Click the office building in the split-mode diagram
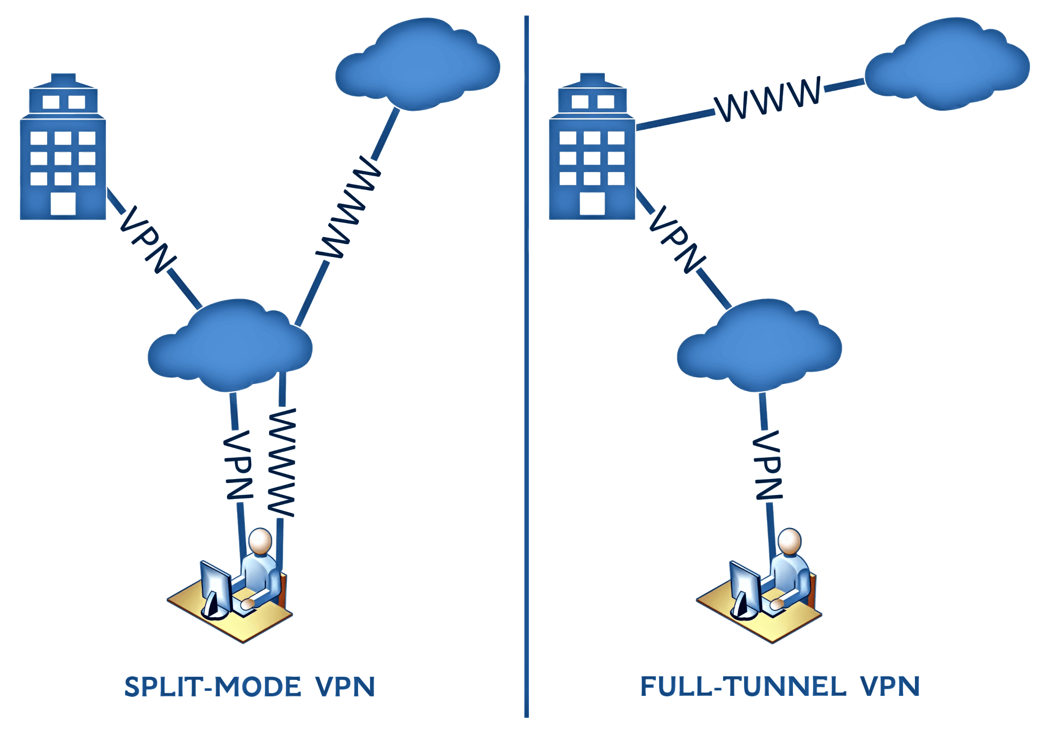[63, 151]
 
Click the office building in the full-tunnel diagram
[592, 151]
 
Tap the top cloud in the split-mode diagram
[417, 64]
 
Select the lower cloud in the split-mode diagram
[230, 346]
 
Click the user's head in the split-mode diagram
[261, 541]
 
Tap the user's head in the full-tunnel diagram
[791, 541]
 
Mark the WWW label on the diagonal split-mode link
[349, 208]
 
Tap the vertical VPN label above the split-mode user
[238, 465]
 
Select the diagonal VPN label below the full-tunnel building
[676, 240]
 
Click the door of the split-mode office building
[63, 204]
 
